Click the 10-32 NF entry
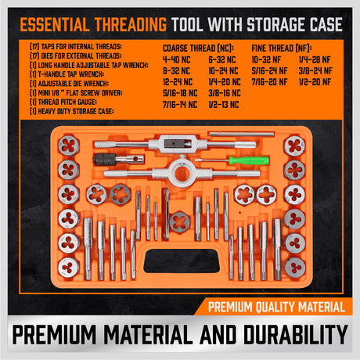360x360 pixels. (261, 58)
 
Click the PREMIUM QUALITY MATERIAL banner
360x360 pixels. (279, 304)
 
